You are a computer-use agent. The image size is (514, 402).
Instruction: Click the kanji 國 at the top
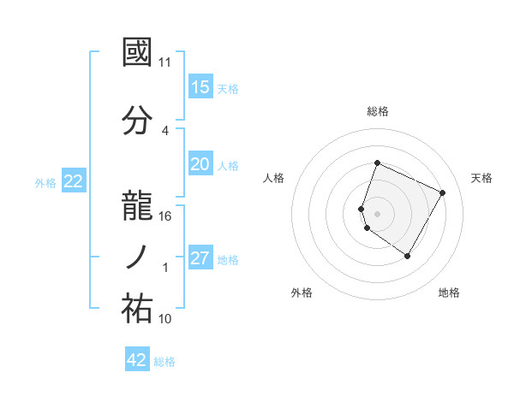pos(138,53)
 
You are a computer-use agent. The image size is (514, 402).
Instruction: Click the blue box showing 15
pos(200,87)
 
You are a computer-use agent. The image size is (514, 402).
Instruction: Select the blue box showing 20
pos(200,164)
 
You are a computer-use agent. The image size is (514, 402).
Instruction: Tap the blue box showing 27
pos(200,258)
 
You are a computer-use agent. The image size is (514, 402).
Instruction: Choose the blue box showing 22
pos(74,181)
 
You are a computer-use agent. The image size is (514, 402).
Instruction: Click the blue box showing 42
pos(137,360)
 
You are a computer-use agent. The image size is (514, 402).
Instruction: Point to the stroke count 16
pos(165,216)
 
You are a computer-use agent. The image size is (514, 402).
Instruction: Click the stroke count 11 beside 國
pos(165,62)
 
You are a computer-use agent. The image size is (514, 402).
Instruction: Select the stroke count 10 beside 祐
pos(165,319)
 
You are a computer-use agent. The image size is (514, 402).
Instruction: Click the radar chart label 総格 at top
pos(378,111)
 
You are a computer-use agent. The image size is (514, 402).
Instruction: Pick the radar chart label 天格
pos(481,178)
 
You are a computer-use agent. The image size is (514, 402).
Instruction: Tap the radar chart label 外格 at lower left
pos(301,293)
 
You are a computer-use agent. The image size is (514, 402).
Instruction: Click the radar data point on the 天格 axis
pos(443,192)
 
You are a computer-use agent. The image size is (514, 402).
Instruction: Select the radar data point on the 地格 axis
pos(408,256)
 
